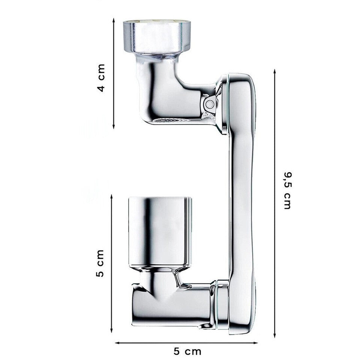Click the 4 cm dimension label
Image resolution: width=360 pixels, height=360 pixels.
(101, 78)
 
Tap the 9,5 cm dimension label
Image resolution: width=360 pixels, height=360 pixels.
(288, 190)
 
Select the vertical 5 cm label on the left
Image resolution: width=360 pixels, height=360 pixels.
(100, 263)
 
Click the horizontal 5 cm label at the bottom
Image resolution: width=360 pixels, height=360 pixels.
(187, 351)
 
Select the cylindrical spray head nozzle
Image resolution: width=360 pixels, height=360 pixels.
(160, 231)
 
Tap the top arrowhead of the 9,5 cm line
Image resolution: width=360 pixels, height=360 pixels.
(274, 72)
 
